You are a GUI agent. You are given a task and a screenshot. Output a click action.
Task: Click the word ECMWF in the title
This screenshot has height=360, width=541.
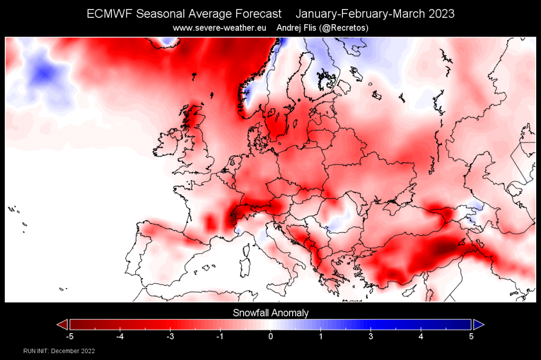click(110, 14)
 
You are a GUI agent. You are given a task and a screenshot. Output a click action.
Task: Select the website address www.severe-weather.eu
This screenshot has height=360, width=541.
click(220, 27)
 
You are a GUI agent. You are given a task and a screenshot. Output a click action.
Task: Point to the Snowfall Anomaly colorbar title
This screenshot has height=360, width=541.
click(270, 313)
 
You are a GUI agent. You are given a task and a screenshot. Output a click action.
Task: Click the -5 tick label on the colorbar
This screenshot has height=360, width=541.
click(69, 336)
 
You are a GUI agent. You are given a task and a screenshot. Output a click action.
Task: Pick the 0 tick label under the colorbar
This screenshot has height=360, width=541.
click(270, 336)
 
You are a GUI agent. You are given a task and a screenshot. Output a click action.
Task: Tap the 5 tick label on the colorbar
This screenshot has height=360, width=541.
click(471, 336)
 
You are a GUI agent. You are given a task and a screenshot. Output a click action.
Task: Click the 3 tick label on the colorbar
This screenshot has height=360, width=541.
click(371, 336)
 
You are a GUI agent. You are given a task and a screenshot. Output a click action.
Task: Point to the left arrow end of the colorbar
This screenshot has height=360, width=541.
click(62, 324)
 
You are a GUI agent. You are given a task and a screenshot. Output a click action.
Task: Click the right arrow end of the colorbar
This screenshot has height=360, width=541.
click(479, 324)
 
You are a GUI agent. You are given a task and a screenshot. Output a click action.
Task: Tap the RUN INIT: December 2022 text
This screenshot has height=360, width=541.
click(59, 351)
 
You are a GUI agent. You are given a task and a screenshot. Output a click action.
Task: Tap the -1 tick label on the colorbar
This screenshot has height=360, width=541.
click(219, 336)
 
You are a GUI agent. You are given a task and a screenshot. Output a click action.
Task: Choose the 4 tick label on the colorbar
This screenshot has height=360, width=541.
click(421, 336)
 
